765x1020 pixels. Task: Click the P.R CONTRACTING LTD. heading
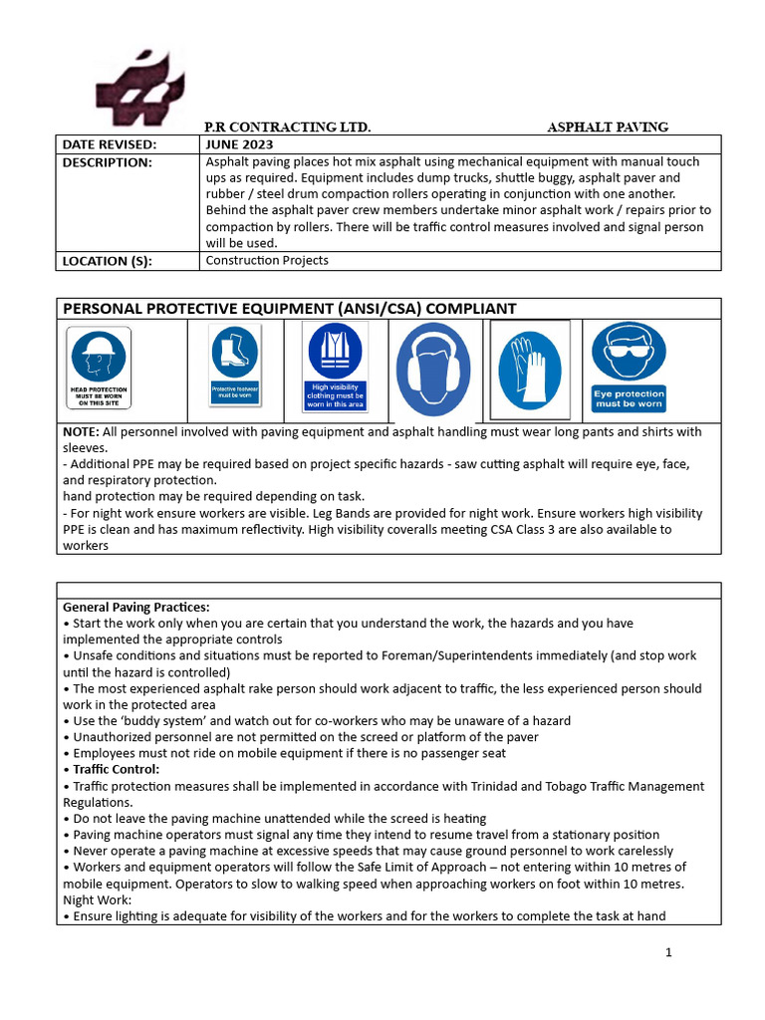click(x=287, y=127)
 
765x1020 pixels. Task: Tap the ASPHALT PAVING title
click(x=608, y=127)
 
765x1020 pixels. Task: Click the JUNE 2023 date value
click(x=240, y=144)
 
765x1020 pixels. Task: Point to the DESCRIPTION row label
click(x=108, y=162)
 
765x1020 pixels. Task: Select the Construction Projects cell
click(x=266, y=261)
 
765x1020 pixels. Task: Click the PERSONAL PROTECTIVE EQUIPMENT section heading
click(x=289, y=309)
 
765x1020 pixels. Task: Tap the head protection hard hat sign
click(x=98, y=368)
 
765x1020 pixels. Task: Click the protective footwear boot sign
click(x=235, y=364)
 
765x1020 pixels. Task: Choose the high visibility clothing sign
click(x=335, y=366)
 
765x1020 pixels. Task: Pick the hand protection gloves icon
click(x=529, y=368)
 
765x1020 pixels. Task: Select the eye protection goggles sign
click(x=629, y=367)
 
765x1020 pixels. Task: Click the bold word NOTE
click(x=80, y=432)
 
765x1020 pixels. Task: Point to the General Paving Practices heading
click(x=136, y=608)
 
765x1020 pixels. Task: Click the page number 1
click(x=668, y=952)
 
